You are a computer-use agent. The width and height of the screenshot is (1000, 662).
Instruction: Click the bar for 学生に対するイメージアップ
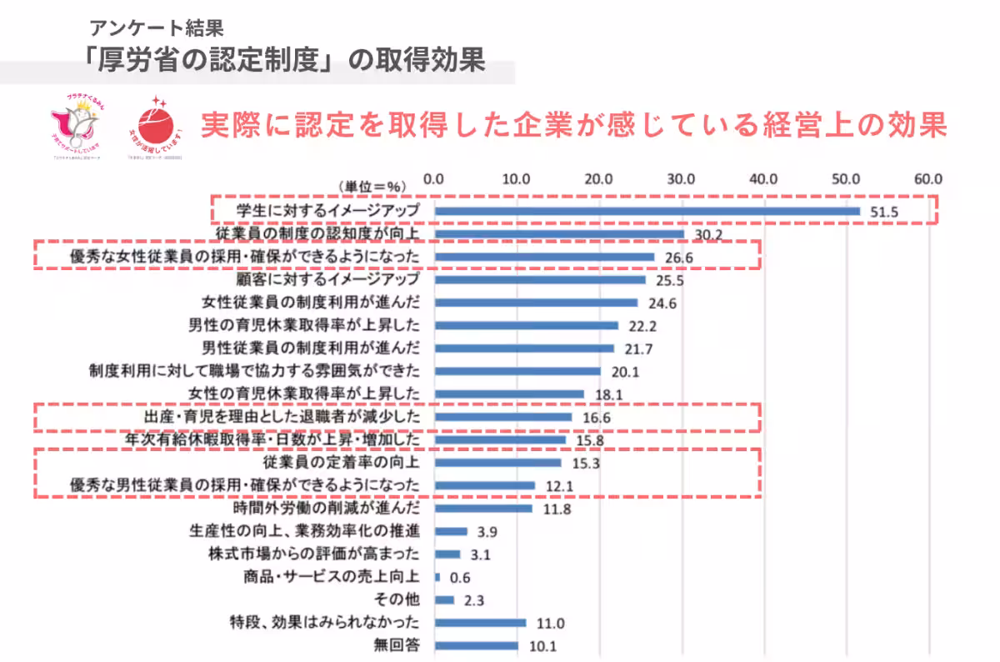647,211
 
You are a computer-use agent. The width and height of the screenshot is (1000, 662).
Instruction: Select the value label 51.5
884,212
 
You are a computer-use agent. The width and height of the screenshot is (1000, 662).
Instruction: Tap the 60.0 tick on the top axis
927,178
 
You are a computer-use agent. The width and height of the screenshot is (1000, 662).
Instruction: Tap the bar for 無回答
476,645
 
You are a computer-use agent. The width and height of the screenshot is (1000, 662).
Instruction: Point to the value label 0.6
460,577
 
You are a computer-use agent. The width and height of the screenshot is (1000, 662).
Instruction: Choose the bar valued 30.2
559,235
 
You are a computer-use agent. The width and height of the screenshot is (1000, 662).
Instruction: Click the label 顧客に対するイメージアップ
328,279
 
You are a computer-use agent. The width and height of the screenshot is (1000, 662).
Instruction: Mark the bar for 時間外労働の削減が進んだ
482,508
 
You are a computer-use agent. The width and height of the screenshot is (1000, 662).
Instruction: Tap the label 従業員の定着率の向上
341,462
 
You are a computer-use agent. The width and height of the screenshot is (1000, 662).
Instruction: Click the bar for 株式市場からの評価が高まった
447,554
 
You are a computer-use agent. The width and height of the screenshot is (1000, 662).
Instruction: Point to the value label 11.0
550,623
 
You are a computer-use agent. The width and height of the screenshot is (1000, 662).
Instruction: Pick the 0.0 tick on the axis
434,178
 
